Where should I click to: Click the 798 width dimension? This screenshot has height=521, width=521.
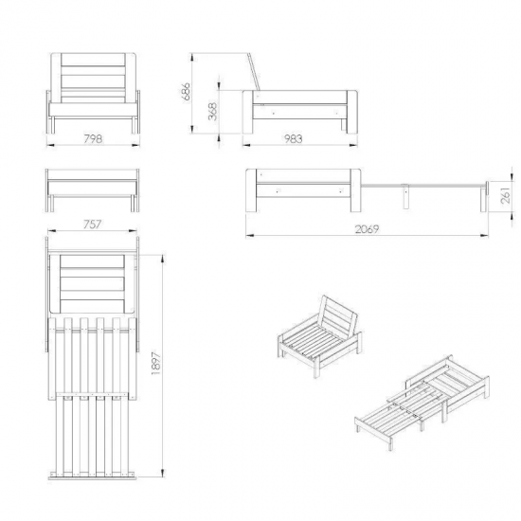click(x=93, y=138)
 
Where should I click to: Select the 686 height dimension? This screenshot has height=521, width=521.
click(x=186, y=91)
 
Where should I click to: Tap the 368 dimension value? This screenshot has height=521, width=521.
click(x=212, y=112)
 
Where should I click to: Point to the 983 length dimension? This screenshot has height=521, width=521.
click(x=294, y=138)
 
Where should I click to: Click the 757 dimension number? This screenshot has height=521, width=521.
click(x=92, y=225)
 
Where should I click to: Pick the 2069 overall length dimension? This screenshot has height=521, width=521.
click(x=367, y=229)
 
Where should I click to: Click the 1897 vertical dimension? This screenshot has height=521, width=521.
click(x=156, y=363)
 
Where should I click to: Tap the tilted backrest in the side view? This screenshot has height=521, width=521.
click(x=254, y=71)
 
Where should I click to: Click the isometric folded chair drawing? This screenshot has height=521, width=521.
click(x=319, y=336)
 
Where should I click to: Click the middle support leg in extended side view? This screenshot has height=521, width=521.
click(x=405, y=196)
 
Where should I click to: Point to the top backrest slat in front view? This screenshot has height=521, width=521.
click(x=93, y=59)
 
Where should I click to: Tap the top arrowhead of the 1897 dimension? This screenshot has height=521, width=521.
click(x=162, y=259)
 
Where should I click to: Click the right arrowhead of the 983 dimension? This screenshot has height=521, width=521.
click(x=353, y=145)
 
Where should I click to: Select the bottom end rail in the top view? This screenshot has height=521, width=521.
click(x=93, y=477)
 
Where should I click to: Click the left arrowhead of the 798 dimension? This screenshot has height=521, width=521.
click(x=50, y=145)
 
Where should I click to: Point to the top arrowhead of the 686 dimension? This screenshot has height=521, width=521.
click(x=192, y=57)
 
